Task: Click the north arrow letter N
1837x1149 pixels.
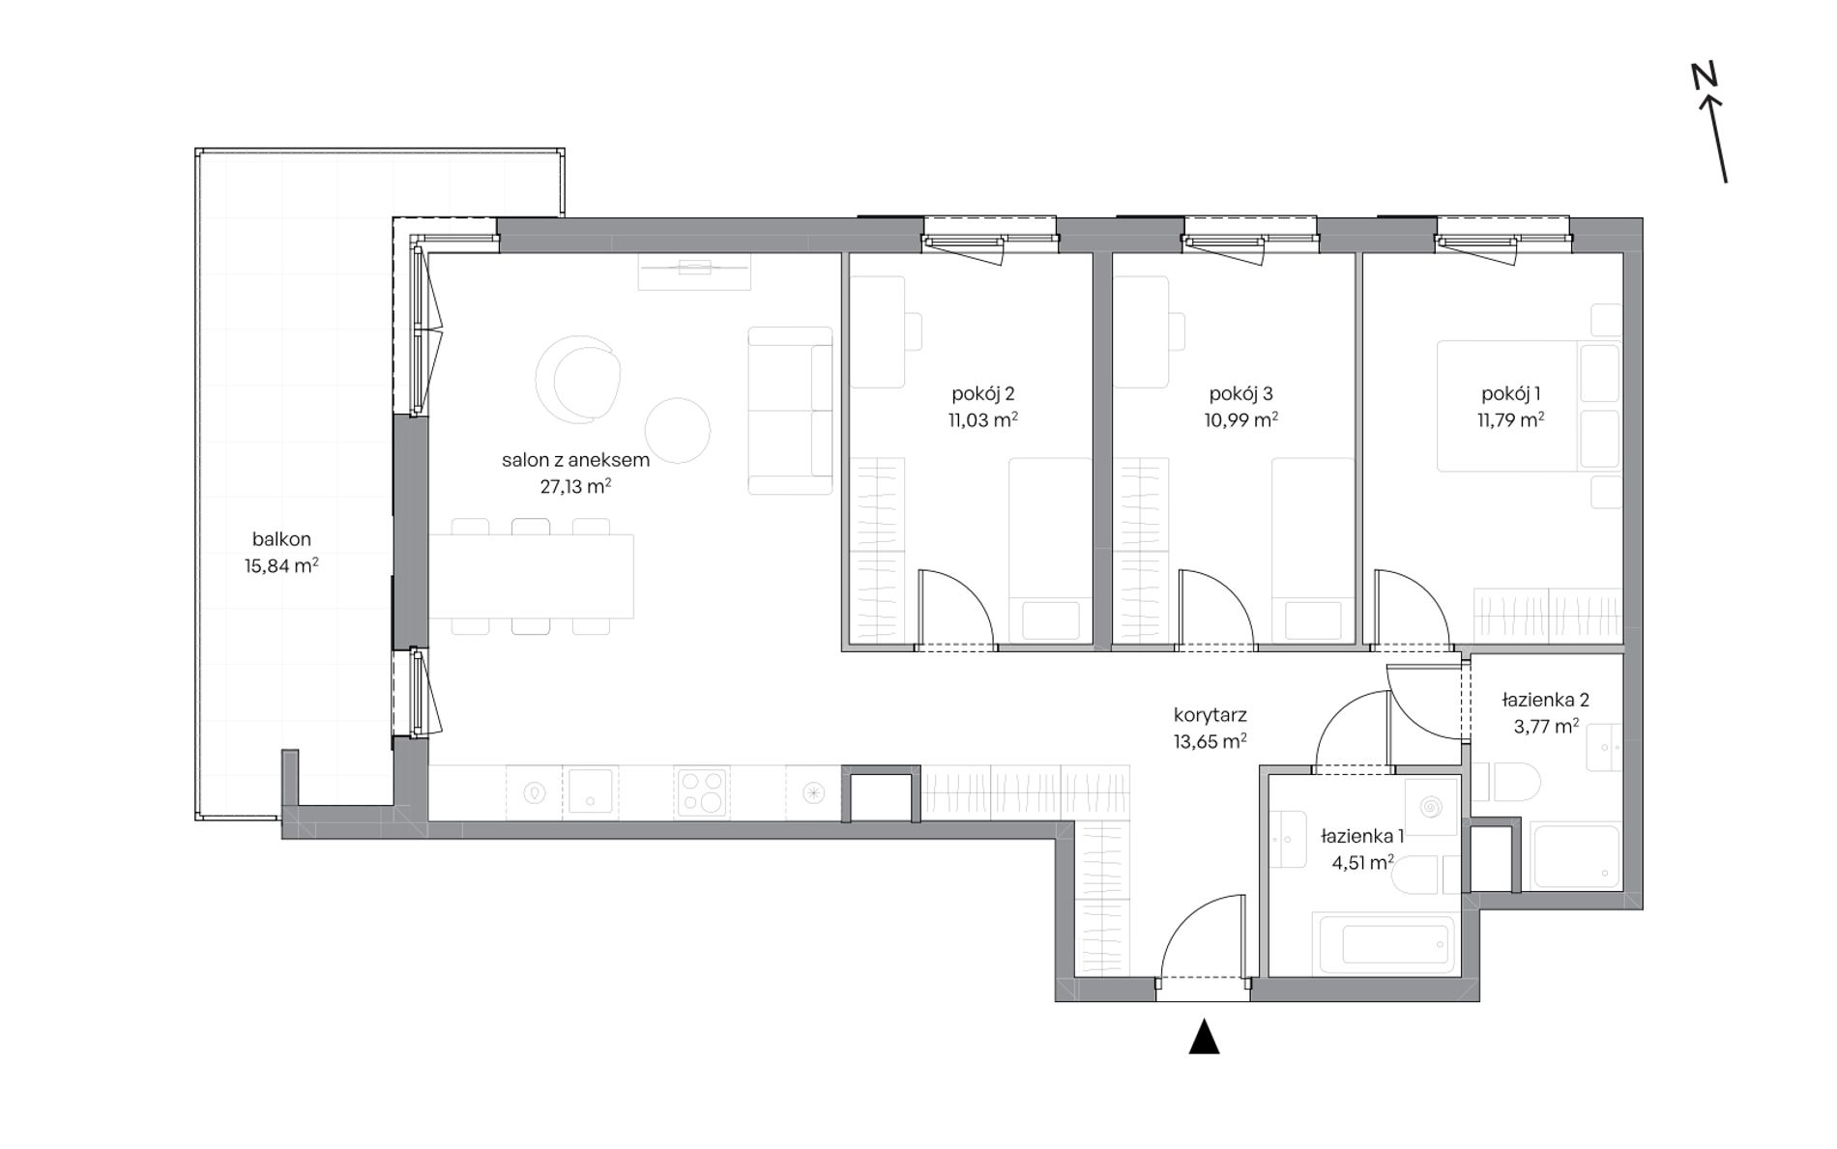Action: click(x=1703, y=75)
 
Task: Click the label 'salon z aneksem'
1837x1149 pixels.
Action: click(x=575, y=460)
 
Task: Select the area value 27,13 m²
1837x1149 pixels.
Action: click(x=575, y=486)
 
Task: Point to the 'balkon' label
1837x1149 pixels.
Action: click(x=281, y=539)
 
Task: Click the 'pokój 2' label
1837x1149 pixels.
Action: click(x=982, y=393)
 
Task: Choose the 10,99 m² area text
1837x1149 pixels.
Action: click(x=1240, y=419)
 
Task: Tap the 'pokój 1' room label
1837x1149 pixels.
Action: click(x=1510, y=393)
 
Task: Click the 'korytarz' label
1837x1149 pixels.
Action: click(x=1210, y=715)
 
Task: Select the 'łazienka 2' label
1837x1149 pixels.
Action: click(x=1545, y=700)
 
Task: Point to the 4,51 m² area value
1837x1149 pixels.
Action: click(x=1362, y=863)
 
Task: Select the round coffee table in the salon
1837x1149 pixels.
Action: click(x=677, y=431)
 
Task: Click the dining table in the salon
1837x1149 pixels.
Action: click(x=531, y=576)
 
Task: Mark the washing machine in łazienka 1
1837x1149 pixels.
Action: click(x=1431, y=806)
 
